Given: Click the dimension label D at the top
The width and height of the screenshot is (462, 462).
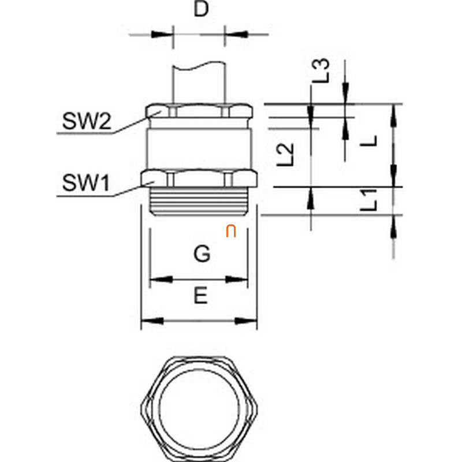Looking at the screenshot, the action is [x=201, y=9].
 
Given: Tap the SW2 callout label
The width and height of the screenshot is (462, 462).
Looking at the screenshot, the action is [x=87, y=121].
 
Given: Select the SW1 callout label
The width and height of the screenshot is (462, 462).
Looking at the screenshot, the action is [x=86, y=182].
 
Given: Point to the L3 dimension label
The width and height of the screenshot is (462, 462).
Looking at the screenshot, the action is [x=321, y=70].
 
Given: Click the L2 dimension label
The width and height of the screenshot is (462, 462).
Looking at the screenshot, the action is [x=285, y=154].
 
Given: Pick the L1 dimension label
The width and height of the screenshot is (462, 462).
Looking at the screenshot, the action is [x=368, y=200].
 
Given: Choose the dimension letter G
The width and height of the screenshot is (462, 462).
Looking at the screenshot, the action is [x=202, y=254].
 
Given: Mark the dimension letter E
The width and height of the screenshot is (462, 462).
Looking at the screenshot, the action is [x=200, y=296].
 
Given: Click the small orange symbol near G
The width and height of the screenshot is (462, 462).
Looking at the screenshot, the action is [x=231, y=232].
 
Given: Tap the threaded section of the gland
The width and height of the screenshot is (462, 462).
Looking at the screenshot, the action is [x=199, y=201].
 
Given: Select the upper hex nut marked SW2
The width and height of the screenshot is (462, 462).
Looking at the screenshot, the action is [x=199, y=111].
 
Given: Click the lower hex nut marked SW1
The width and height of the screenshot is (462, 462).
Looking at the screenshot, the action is [x=199, y=178].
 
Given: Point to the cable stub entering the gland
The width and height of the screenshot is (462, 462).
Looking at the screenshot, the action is [x=199, y=83].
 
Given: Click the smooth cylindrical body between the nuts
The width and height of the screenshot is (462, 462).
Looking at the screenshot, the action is [x=199, y=149].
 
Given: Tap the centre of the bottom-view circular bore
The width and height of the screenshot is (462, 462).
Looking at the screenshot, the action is [x=199, y=407].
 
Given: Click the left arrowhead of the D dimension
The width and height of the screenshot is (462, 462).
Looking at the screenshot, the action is [x=162, y=35].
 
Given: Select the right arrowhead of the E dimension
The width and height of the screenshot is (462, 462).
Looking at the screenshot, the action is [x=246, y=321].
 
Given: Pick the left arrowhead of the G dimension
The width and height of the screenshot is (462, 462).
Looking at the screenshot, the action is [x=161, y=280].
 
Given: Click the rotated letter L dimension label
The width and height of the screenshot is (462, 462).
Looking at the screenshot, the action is [x=368, y=141].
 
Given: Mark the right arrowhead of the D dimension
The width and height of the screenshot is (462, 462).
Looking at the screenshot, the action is [x=236, y=35].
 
